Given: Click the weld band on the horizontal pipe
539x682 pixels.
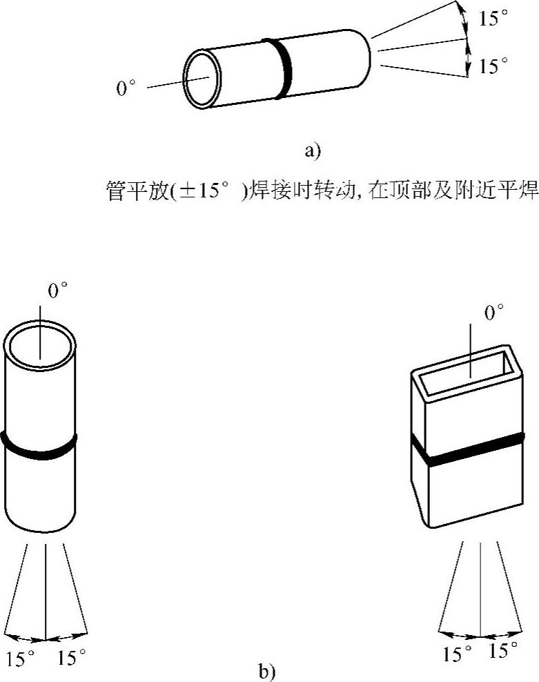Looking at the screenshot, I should point(283,68).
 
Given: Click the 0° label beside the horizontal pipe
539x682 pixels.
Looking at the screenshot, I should point(126,88).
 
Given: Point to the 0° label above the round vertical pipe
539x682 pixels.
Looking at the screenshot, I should point(58,291).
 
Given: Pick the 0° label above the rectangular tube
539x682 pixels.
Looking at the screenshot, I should point(494,314).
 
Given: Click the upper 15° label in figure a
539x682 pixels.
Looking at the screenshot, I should point(493,19).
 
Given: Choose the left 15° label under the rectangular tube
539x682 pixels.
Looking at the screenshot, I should point(458,653).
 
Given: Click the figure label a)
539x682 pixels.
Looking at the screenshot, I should point(313,150).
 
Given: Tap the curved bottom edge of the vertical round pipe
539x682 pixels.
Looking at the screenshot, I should point(41,529).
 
